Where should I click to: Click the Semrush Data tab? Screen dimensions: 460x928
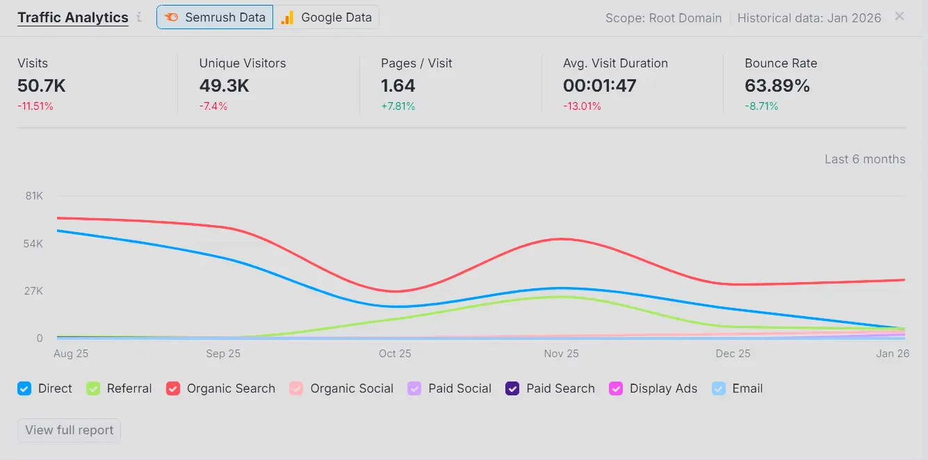(215, 17)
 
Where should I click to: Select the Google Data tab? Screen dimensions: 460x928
(326, 17)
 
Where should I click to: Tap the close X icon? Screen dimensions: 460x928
(899, 16)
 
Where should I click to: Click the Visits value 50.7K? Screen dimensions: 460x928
(42, 86)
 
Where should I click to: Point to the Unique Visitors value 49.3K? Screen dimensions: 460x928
(224, 86)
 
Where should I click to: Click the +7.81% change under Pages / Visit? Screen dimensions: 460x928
(398, 106)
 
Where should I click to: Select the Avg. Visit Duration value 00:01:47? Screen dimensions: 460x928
(599, 86)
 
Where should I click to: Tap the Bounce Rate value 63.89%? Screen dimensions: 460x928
(777, 86)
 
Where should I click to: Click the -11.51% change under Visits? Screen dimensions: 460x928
(35, 106)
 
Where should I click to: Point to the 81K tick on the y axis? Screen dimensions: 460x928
(34, 196)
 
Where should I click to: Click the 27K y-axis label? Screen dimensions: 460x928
(34, 291)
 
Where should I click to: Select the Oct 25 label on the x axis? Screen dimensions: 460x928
(395, 354)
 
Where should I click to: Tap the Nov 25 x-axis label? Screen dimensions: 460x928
(561, 354)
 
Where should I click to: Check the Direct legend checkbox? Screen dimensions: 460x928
(24, 389)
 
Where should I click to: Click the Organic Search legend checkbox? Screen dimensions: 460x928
(173, 389)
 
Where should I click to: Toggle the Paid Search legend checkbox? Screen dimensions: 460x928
(512, 389)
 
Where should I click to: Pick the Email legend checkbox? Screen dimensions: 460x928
(719, 389)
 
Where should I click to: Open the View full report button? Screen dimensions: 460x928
(69, 430)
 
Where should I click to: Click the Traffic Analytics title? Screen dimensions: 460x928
(73, 17)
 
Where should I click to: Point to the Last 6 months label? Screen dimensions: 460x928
(865, 159)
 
